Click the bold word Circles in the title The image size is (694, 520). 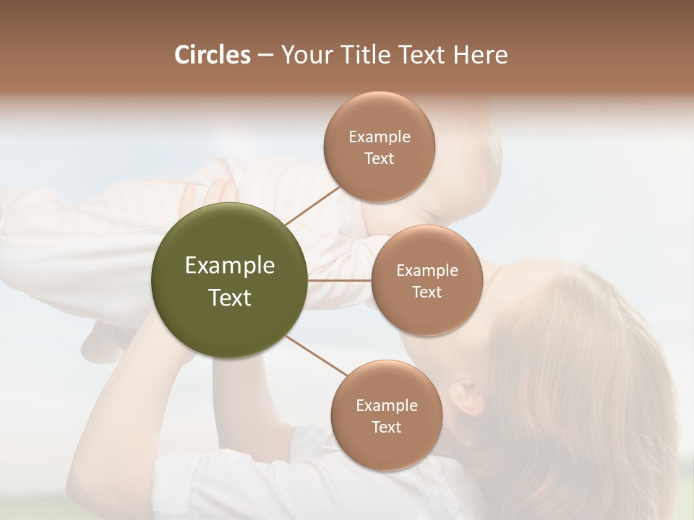tap(212, 55)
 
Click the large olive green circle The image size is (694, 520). tap(229, 280)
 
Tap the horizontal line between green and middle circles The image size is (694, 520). tap(339, 280)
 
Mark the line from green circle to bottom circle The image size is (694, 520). tap(317, 356)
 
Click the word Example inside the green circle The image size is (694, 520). tap(229, 266)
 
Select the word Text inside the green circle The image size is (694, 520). tap(229, 298)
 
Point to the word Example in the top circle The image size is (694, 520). tap(379, 137)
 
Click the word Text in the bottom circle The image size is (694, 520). tap(386, 428)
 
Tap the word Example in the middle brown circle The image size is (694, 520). tap(427, 271)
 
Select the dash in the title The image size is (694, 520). tap(265, 56)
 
